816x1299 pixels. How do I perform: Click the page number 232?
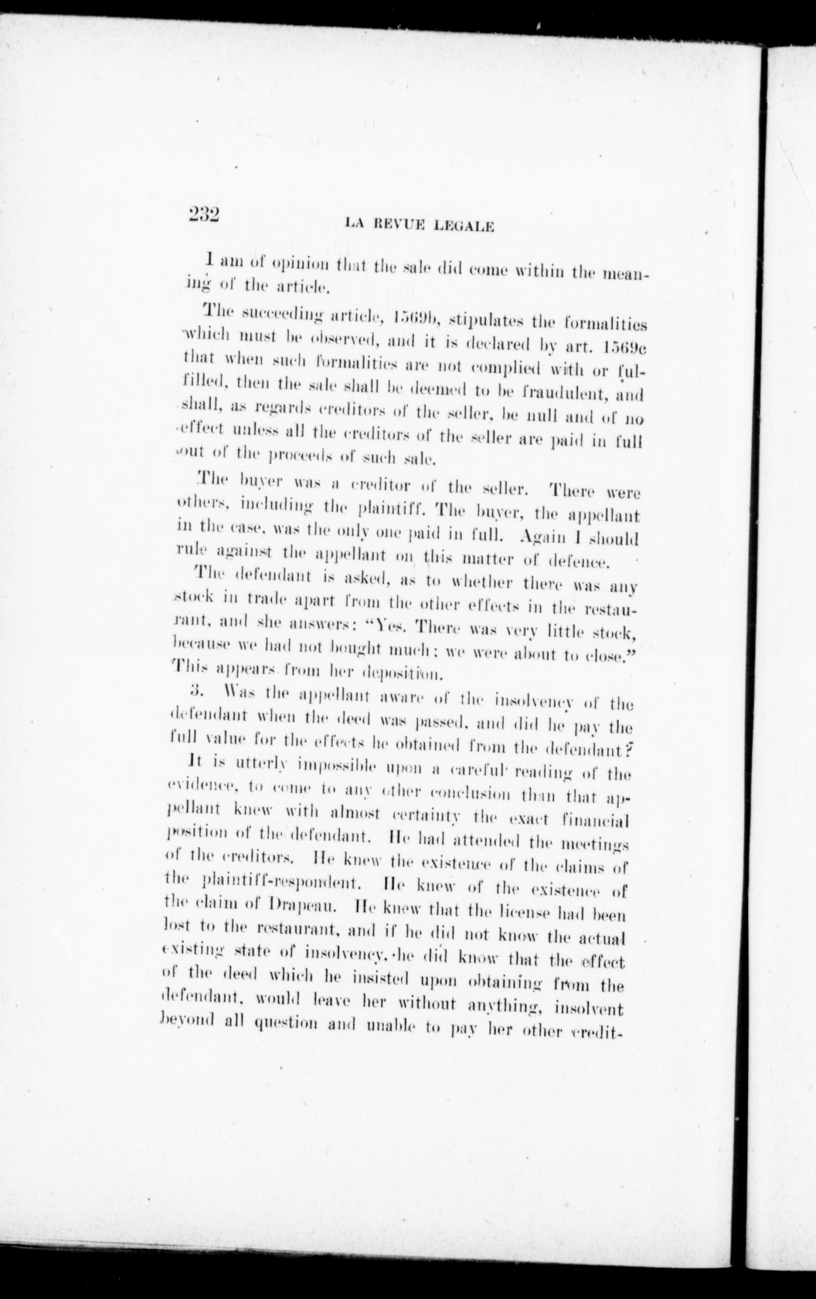(x=204, y=215)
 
